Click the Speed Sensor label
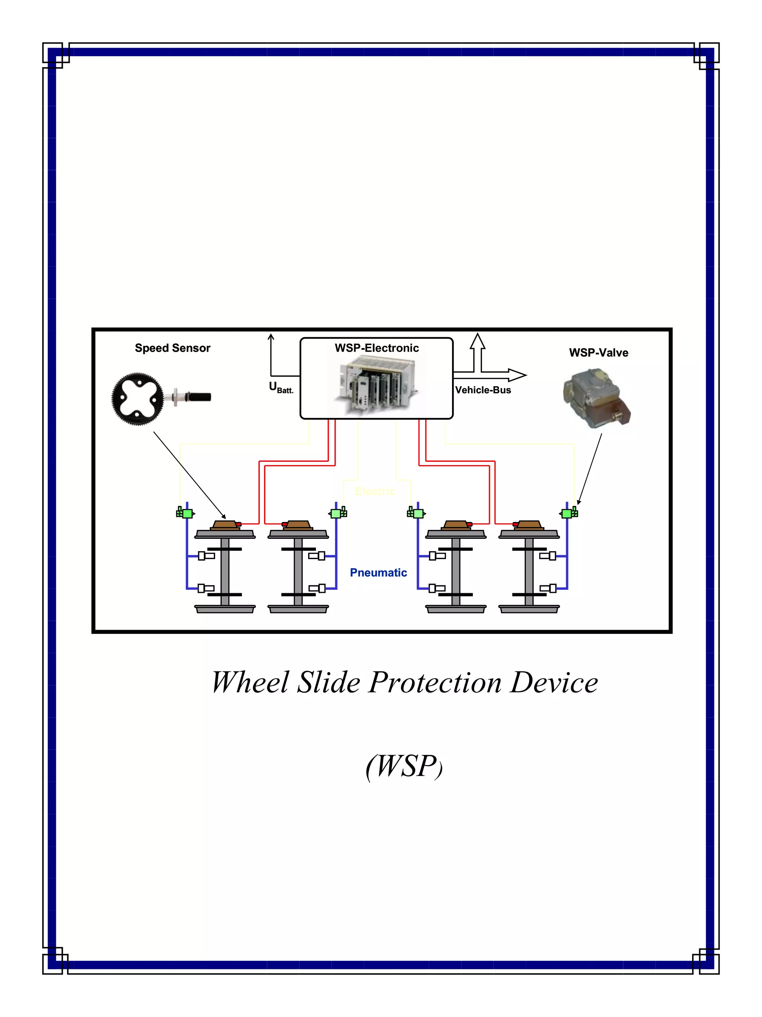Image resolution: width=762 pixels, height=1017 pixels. [172, 348]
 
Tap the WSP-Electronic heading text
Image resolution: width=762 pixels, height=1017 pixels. [376, 348]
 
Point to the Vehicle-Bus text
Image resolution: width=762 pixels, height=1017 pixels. [483, 390]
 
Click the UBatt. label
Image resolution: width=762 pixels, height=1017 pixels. [281, 388]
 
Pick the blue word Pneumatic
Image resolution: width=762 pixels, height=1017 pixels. [378, 572]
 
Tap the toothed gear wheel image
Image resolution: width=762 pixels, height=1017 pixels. [137, 398]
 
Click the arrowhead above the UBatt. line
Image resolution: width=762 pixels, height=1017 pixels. [271, 338]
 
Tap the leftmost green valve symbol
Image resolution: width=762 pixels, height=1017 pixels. [186, 513]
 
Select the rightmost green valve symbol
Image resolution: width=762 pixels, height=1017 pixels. [569, 513]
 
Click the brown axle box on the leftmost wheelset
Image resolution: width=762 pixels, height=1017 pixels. [225, 525]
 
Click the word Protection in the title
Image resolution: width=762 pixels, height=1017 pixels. [435, 682]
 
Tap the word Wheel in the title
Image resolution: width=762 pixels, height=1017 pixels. [250, 682]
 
